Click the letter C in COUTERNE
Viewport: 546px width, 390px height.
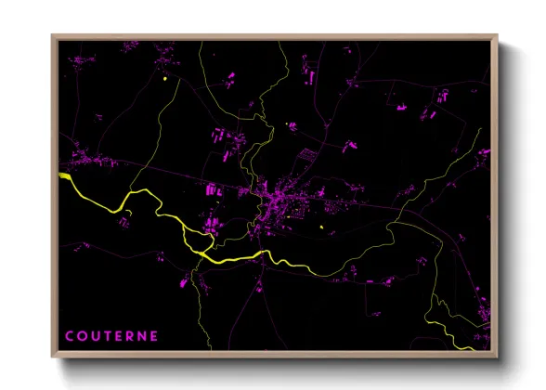click(x=70, y=336)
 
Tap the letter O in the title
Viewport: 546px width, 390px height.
click(x=82, y=336)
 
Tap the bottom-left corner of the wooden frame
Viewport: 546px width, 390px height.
click(x=52, y=357)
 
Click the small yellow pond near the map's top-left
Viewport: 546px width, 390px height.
click(x=164, y=79)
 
